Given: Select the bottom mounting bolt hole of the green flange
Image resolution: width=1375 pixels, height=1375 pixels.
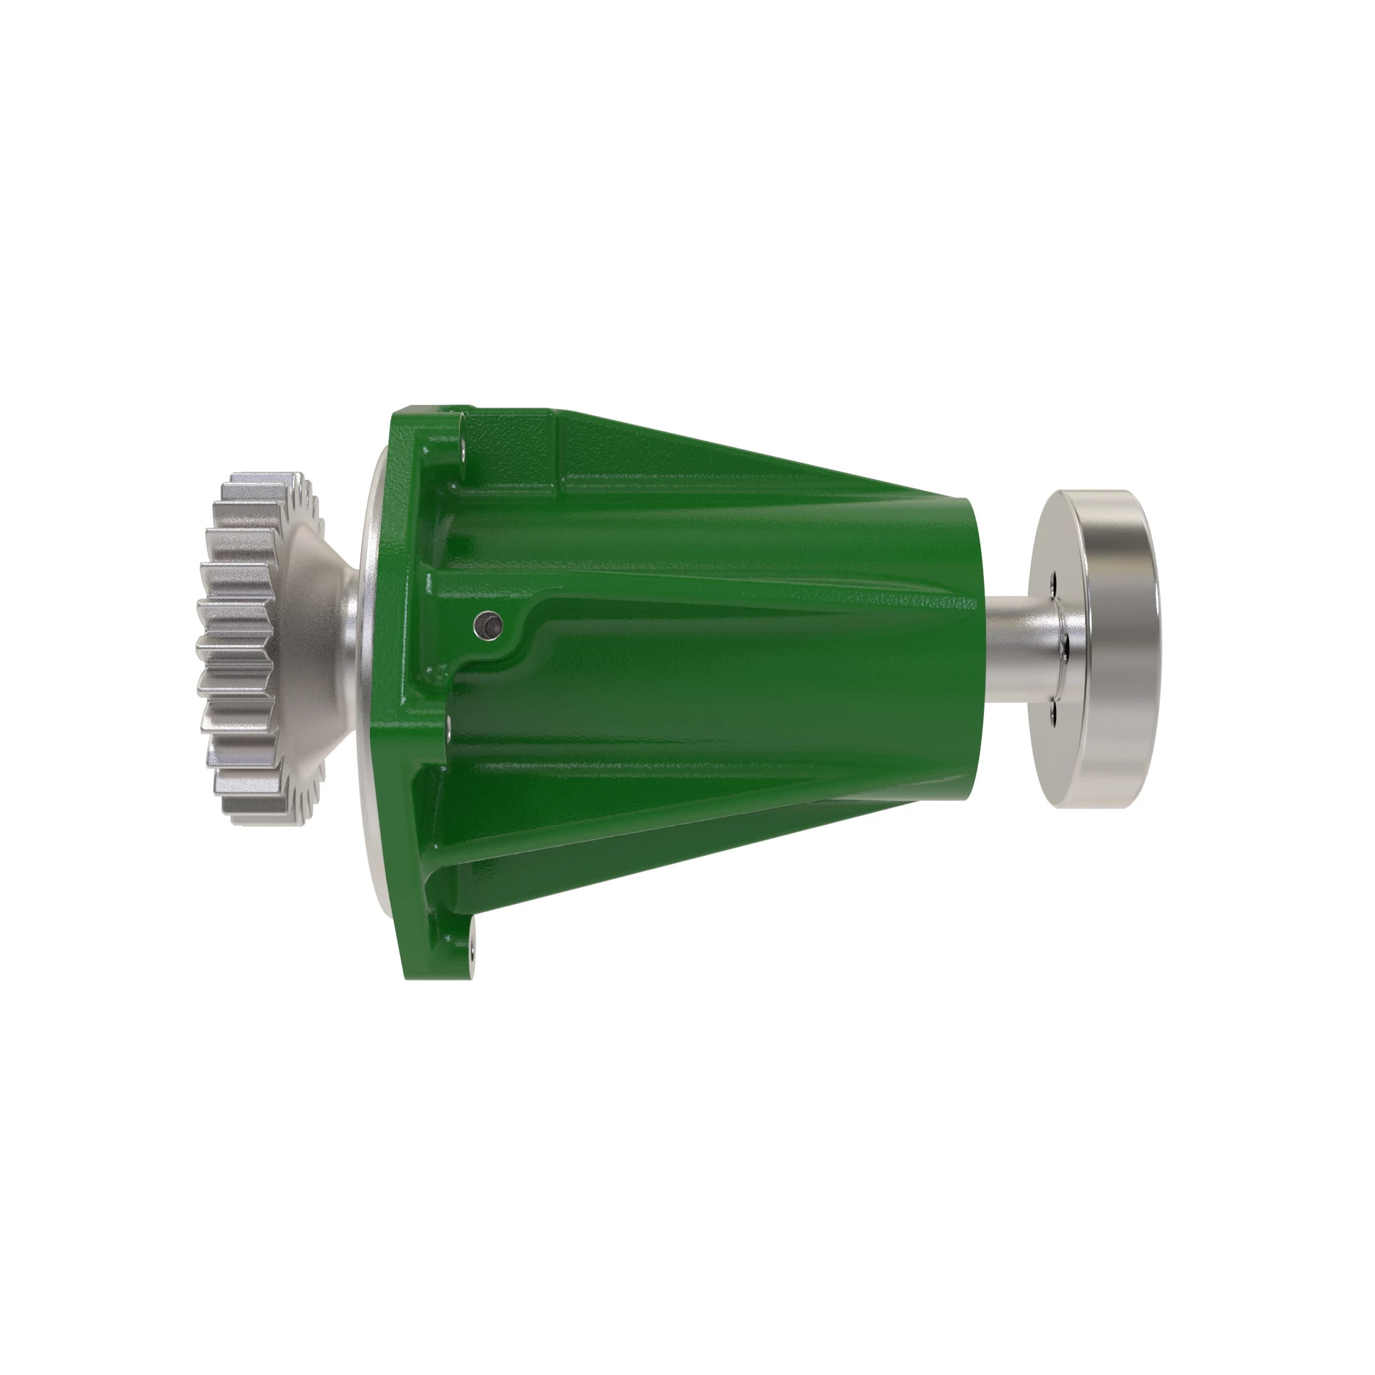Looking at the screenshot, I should pos(472,947).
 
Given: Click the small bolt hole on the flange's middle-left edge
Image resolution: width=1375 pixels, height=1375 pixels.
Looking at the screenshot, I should pos(449,726).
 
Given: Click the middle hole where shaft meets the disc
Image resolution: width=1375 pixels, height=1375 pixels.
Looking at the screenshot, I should pos(1064,646).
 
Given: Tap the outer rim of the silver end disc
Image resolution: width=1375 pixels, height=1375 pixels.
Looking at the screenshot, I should pos(1121,648).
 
